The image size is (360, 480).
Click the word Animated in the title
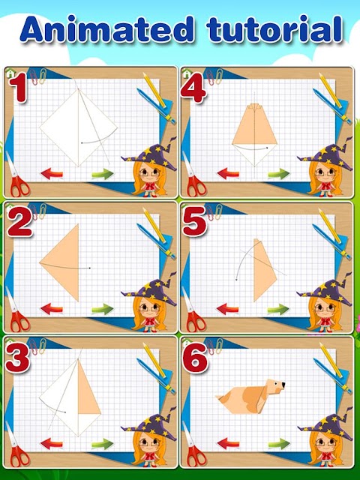[x=107, y=29]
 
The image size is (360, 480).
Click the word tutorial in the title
[x=274, y=29]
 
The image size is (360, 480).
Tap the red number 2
[x=19, y=222]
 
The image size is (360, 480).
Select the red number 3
[x=17, y=358]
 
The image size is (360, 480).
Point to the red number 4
[x=193, y=88]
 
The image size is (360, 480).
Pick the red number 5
[x=194, y=222]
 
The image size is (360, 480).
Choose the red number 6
[x=195, y=358]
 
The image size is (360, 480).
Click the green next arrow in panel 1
[x=103, y=174]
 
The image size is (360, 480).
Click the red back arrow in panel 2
[x=52, y=308]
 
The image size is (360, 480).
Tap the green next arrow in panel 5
[x=278, y=309]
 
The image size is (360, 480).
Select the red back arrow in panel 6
[x=228, y=443]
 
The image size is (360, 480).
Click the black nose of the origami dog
[x=283, y=385]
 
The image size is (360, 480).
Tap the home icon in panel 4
[x=186, y=73]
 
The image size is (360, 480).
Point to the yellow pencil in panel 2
[x=154, y=225]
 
